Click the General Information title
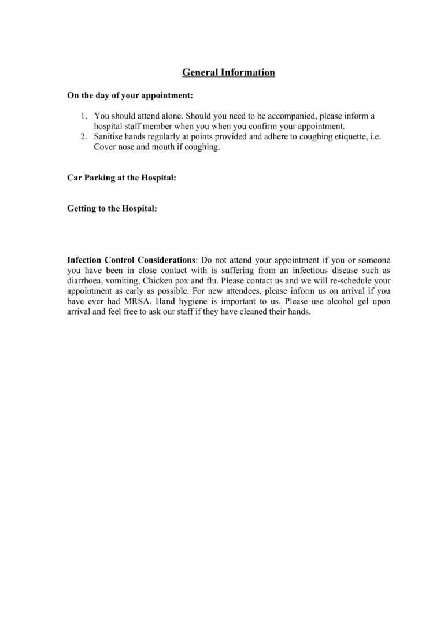pos(228,72)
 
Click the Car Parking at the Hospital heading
pos(122,178)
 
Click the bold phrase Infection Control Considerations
pos(132,260)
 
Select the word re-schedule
pos(348,281)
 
